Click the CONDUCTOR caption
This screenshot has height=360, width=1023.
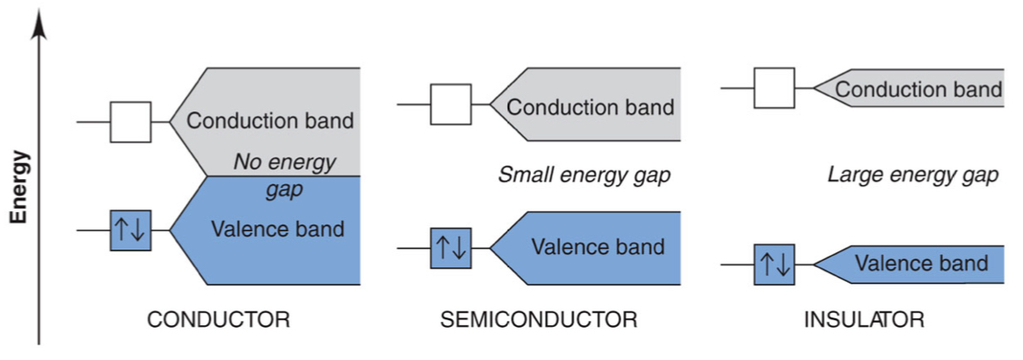(218, 319)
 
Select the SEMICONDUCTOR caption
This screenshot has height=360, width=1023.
(539, 319)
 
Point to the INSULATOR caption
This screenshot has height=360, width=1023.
(864, 319)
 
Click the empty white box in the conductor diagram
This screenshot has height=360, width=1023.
(130, 122)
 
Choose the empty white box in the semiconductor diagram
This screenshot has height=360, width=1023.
(451, 105)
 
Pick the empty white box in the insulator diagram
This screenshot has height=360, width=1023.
(774, 88)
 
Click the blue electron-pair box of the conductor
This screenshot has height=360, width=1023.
(130, 230)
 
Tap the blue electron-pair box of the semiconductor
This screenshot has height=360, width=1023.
(451, 248)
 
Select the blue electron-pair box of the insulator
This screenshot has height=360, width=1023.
(774, 264)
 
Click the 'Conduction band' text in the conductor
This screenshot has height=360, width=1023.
(270, 120)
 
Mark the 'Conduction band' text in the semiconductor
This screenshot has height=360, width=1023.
(590, 107)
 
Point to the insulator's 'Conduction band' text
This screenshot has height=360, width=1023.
(919, 90)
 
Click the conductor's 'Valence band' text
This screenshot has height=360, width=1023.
(277, 230)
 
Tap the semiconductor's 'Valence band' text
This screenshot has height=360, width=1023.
(598, 247)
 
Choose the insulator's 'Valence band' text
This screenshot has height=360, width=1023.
(921, 263)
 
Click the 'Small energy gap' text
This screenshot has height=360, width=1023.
(584, 176)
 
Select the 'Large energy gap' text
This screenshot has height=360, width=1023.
(913, 176)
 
